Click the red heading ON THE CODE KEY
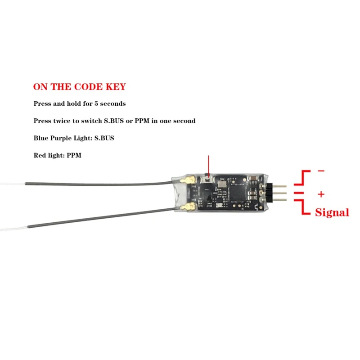[x=80, y=87]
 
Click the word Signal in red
[x=332, y=212]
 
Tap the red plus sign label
[x=321, y=194]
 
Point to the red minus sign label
[x=321, y=171]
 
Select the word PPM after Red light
[x=74, y=156]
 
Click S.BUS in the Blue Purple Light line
[x=104, y=138]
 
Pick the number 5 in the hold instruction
[x=96, y=103]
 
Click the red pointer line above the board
[x=208, y=165]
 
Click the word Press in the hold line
[x=42, y=103]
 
